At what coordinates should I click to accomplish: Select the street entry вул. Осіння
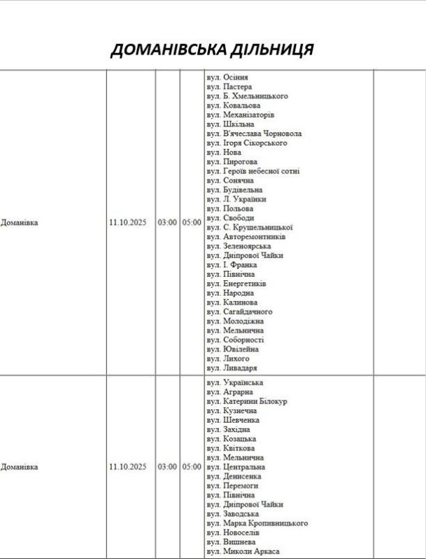227,77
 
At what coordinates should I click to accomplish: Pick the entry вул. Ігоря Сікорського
247,143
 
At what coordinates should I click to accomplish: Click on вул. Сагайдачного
239,312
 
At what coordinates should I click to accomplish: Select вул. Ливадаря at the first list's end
232,368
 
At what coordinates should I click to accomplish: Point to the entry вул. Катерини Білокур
247,401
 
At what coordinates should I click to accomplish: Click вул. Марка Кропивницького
257,523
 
